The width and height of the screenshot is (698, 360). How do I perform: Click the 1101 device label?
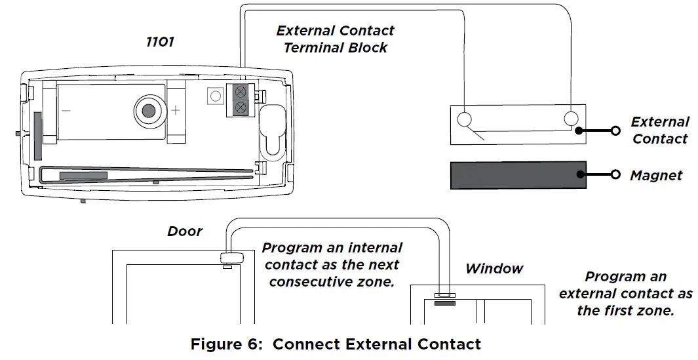[159, 42]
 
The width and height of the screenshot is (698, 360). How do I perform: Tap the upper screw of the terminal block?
[241, 92]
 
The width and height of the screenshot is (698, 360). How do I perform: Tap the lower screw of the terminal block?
[241, 107]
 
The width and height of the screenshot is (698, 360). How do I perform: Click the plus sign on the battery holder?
[176, 110]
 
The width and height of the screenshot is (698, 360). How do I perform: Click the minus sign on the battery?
[66, 110]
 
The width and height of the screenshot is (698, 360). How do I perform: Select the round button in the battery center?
[149, 110]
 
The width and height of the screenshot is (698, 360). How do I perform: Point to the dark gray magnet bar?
[518, 174]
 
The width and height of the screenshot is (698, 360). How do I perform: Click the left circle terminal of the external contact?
[464, 119]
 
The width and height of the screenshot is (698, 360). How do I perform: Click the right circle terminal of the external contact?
[571, 119]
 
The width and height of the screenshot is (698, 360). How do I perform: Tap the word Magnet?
[655, 175]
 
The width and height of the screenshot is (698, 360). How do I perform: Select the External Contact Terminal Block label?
[335, 39]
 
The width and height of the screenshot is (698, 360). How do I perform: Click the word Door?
[185, 231]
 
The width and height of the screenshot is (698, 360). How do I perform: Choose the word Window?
[494, 268]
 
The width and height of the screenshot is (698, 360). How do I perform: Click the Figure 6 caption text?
[336, 344]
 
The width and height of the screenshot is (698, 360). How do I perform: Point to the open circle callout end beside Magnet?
[615, 174]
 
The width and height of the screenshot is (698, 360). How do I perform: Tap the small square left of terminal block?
[212, 96]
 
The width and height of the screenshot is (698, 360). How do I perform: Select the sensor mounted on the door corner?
[231, 258]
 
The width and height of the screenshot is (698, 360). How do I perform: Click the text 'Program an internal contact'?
[332, 249]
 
